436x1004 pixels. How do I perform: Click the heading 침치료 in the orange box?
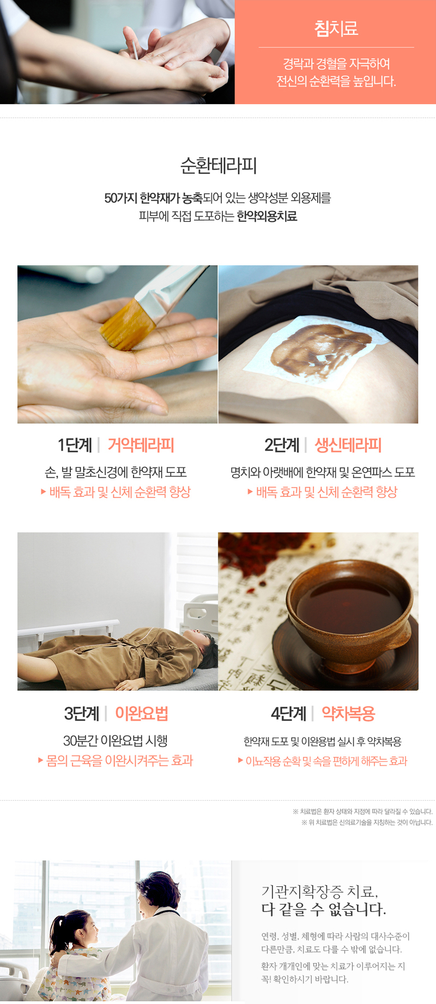(x=336, y=28)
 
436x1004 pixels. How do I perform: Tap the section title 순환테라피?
(x=218, y=166)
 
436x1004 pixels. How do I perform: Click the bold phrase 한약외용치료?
(x=267, y=216)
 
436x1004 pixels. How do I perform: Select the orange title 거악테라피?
(x=141, y=445)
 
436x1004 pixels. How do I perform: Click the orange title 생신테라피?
(x=348, y=445)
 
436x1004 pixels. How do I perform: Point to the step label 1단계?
(x=75, y=445)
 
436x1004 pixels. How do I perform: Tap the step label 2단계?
(x=282, y=445)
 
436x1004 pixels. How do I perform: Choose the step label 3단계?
(x=82, y=713)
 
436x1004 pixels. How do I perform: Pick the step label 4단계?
(x=288, y=713)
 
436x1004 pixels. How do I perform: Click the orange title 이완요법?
(x=141, y=713)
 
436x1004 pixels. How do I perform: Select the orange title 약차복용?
(x=348, y=713)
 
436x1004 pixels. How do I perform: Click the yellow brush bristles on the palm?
(x=126, y=325)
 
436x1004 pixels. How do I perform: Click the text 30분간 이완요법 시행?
(x=115, y=741)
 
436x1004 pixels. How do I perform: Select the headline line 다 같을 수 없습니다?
(x=324, y=909)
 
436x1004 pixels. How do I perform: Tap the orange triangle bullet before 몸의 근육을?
(x=40, y=760)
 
